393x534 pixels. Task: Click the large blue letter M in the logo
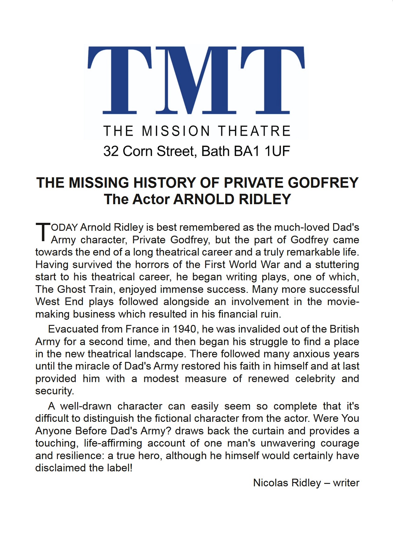196,80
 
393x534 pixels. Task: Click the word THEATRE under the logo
254,131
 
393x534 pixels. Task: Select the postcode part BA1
247,151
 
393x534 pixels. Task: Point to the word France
143,329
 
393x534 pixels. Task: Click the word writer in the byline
346,483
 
